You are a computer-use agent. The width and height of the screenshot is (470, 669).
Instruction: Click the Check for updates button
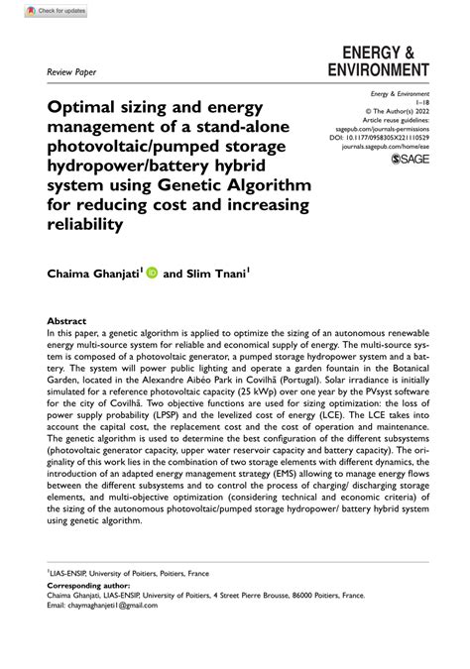point(49,12)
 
